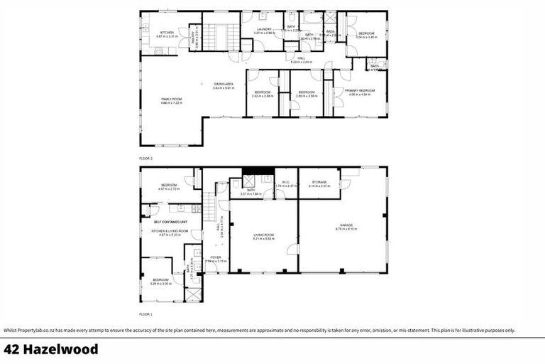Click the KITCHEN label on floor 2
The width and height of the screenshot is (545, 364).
pos(167,32)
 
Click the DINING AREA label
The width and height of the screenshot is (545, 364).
pos(224,85)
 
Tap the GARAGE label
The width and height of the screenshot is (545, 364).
pos(346,225)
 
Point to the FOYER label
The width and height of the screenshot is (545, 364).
pos(215,257)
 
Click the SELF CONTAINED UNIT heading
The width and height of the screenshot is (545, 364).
pos(171,222)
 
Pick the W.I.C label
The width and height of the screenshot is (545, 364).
pos(285,182)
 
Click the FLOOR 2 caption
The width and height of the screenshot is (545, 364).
pos(146,158)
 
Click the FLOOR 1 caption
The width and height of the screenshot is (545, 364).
pos(146,313)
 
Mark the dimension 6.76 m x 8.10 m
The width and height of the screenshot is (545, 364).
pos(346,230)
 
